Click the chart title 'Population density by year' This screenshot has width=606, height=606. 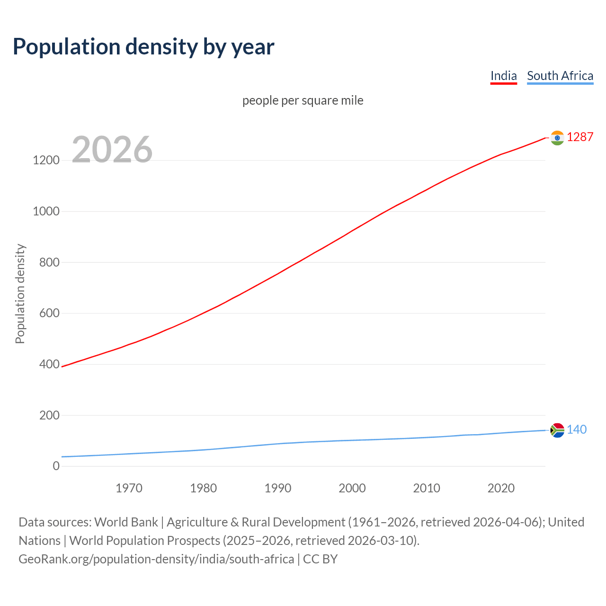tap(143, 47)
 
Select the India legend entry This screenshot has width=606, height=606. tap(503, 76)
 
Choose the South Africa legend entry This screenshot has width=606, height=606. tap(560, 76)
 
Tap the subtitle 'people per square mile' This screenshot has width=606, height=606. tap(303, 100)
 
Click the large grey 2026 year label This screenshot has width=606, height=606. tap(112, 150)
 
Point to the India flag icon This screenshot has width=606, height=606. tap(557, 138)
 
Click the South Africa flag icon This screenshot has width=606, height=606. tap(557, 430)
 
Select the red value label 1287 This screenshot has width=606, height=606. tap(579, 137)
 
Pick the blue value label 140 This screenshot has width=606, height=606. tap(576, 429)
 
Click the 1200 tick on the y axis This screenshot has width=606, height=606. tap(46, 160)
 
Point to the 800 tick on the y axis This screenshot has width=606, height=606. tap(49, 262)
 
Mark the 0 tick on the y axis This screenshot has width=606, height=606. tap(56, 466)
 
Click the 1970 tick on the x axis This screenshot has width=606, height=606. tap(129, 488)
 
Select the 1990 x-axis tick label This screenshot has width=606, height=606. tap(278, 488)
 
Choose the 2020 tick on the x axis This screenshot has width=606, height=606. tap(501, 488)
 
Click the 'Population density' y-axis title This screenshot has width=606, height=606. tap(20, 294)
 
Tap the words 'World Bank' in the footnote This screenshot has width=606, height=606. tap(126, 522)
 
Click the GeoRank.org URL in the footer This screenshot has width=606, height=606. tap(156, 559)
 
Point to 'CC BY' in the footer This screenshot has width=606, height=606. tap(320, 559)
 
